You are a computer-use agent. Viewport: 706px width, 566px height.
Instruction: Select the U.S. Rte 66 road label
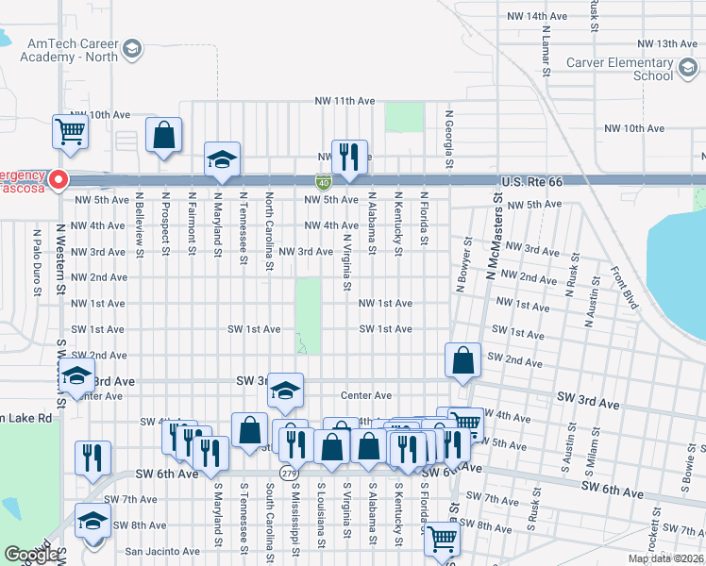pos(531,179)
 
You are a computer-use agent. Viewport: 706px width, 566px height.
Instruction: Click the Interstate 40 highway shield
pos(323,180)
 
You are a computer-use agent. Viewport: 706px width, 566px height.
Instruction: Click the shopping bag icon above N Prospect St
pos(164,135)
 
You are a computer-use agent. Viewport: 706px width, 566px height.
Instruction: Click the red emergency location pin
pos(58,178)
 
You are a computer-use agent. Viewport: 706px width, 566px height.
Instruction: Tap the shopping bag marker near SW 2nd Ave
pos(462,360)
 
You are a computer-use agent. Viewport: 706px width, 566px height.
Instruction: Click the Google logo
pos(31,555)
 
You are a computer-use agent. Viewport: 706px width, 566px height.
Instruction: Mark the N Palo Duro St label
pos(38,260)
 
